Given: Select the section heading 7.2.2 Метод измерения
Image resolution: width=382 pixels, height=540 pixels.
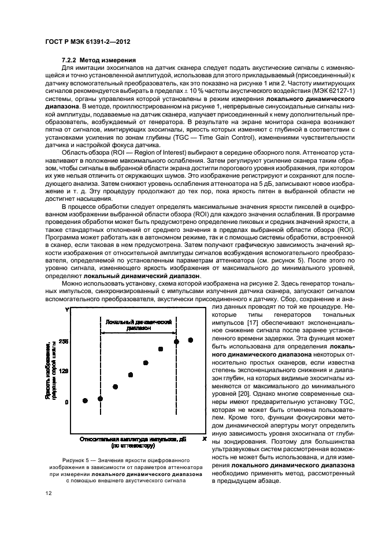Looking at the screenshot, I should (99, 60).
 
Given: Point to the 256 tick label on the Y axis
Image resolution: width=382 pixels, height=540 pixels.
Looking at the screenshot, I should (63, 342).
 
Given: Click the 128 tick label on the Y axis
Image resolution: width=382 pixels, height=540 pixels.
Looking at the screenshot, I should (63, 372).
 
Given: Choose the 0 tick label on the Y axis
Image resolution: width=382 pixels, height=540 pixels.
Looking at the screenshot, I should (66, 402).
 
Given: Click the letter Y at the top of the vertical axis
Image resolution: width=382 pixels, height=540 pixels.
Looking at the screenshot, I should (67, 310).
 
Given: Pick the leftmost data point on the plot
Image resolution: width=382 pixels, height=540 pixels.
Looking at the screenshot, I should (85, 400).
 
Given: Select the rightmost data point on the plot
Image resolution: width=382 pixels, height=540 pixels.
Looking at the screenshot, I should (191, 340).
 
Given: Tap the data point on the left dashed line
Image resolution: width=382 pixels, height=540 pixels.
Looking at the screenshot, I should (100, 399).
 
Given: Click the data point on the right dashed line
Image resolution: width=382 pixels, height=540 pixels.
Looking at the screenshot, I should (176, 342).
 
